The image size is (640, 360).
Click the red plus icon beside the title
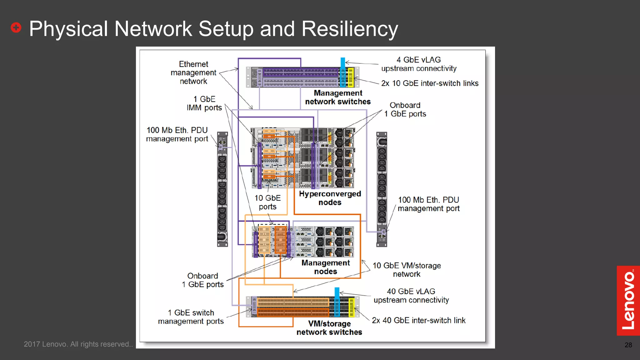(16, 27)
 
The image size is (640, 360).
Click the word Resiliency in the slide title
(349, 29)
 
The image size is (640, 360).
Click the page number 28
(628, 345)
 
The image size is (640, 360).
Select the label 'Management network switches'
(338, 97)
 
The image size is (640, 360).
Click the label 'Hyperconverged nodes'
(330, 198)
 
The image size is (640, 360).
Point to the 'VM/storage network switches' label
(329, 328)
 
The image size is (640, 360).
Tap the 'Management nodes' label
(325, 267)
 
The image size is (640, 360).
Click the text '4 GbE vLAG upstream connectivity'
(418, 64)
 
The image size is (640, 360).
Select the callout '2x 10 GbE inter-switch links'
(430, 83)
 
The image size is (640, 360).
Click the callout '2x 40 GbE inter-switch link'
(418, 320)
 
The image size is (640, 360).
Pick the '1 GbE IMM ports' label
(204, 103)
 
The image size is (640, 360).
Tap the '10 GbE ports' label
(267, 202)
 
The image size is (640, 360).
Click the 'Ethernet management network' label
(193, 73)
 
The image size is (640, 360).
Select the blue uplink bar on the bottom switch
(337, 302)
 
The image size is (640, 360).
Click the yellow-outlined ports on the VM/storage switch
(351, 307)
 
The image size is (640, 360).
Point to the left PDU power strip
(222, 189)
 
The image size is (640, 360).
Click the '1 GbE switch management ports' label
(191, 317)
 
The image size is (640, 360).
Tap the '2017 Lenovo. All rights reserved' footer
(78, 344)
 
